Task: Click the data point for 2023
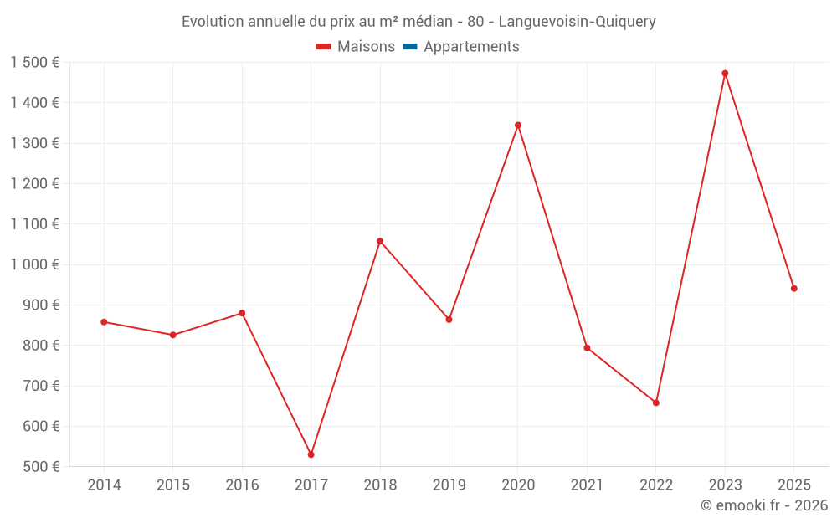[x=725, y=74]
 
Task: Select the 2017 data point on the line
[x=311, y=454]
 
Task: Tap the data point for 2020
[x=518, y=126]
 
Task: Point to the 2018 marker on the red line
[x=380, y=241]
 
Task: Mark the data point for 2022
[x=656, y=403]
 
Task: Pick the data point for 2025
[x=794, y=289]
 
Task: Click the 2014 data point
[x=104, y=322]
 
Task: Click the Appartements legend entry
[x=471, y=47]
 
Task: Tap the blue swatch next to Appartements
[x=409, y=47]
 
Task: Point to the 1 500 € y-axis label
[x=35, y=63]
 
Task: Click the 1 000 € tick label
[x=35, y=264]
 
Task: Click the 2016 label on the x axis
[x=242, y=485]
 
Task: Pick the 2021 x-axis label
[x=587, y=485]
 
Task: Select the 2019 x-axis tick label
[x=449, y=485]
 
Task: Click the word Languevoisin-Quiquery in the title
[x=583, y=22]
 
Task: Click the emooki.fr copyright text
[x=764, y=505]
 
